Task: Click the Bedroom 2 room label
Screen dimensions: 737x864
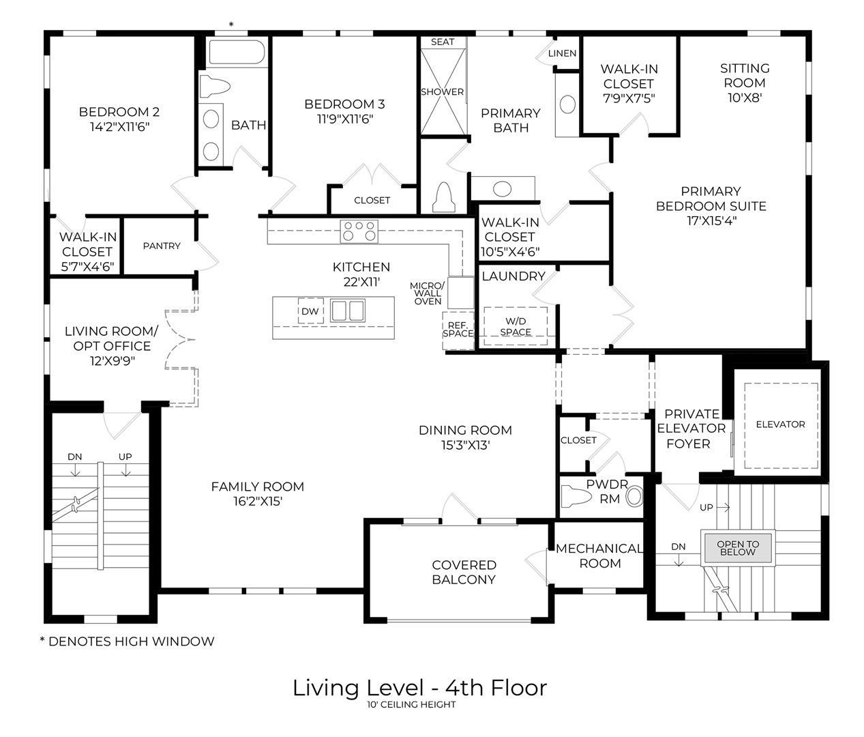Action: (x=119, y=112)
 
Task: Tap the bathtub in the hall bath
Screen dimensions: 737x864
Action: (x=237, y=53)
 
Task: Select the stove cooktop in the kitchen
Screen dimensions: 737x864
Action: (x=359, y=231)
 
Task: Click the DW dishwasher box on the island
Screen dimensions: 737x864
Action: (x=310, y=311)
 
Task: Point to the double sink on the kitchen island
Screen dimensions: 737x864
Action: (x=348, y=310)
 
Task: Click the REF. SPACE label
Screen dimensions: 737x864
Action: (x=458, y=329)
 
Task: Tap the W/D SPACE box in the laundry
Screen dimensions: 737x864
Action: (x=516, y=327)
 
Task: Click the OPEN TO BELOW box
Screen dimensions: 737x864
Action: (x=738, y=548)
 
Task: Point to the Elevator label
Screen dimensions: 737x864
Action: (x=780, y=424)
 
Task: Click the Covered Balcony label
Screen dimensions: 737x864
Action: (x=464, y=572)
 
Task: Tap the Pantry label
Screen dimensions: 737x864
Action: (x=162, y=246)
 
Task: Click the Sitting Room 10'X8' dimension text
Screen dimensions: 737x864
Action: (x=745, y=98)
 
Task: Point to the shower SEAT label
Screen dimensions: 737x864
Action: (x=443, y=42)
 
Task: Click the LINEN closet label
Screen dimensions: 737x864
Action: (x=562, y=53)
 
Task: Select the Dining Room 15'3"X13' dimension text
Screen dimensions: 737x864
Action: (x=465, y=446)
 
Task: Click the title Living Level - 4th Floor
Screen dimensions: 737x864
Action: (x=419, y=687)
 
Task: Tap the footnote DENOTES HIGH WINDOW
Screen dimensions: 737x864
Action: (x=127, y=641)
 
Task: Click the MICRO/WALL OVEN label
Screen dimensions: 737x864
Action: (x=428, y=293)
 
